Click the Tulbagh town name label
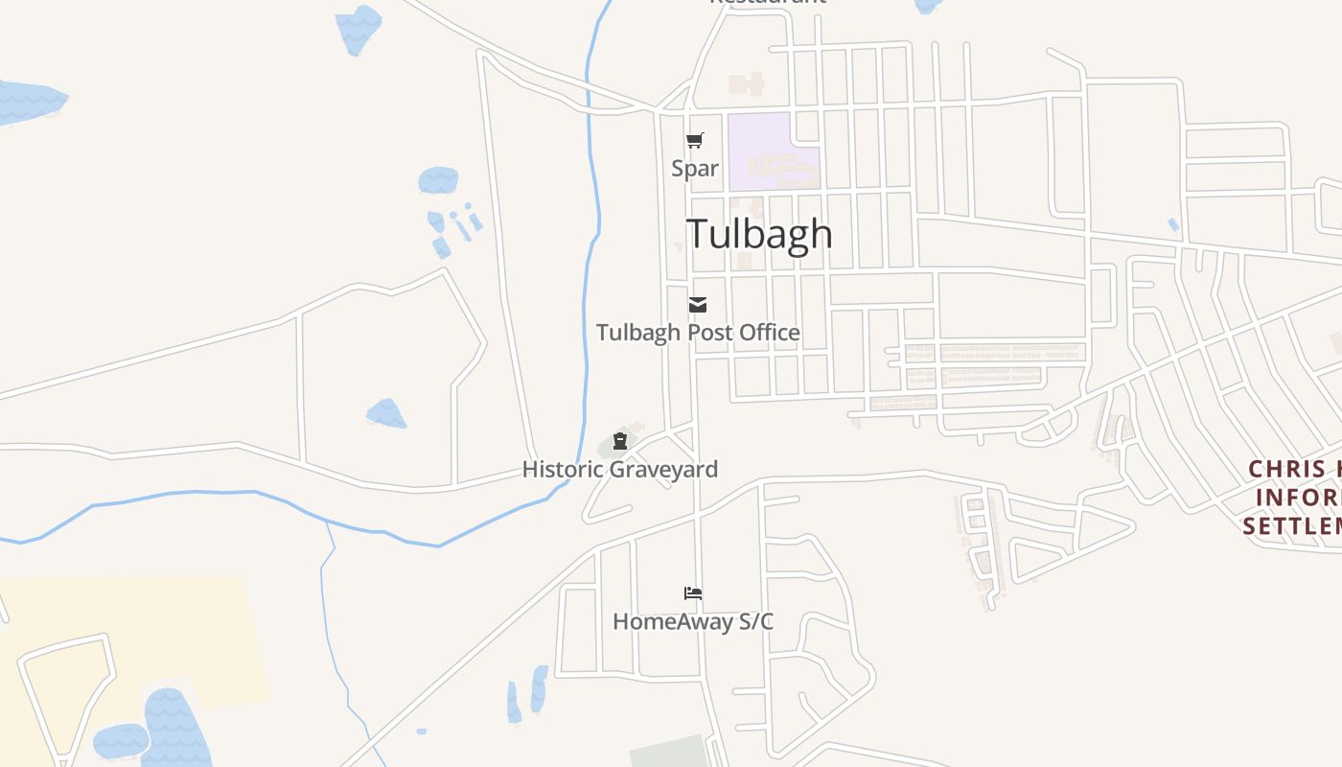[x=759, y=234]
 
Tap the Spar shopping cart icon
[x=695, y=141]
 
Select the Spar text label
[x=695, y=169]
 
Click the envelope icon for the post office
[x=698, y=305]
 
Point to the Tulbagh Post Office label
[x=698, y=333]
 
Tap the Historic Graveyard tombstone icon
[x=620, y=441]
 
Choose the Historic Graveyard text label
[x=620, y=470]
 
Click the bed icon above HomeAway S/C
[x=693, y=593]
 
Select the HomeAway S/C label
[x=693, y=622]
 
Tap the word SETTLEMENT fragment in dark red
[x=1294, y=526]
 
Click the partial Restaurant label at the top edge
[x=767, y=3]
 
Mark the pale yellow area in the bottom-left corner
[x=125, y=614]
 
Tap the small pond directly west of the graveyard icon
[x=386, y=413]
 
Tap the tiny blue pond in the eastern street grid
[x=1173, y=224]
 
